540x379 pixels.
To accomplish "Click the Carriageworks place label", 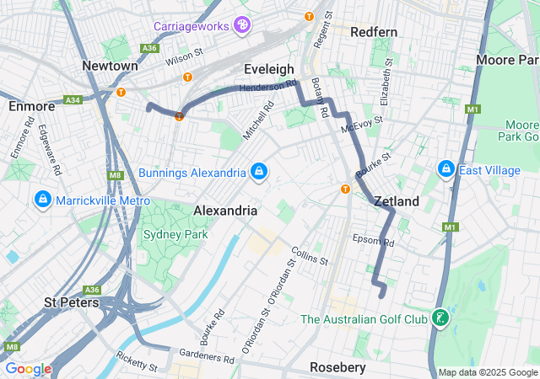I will pos(191,26).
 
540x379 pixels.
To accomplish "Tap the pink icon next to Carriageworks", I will pos(242,26).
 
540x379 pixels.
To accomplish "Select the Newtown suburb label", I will pos(110,66).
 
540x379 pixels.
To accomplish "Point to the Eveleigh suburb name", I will pos(268,69).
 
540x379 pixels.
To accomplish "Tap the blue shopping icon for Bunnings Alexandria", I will pos(258,172).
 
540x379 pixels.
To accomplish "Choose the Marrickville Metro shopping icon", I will pos(41,200).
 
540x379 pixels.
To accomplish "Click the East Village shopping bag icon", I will pos(446,170).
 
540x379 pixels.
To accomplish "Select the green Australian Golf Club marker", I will pos(439,319).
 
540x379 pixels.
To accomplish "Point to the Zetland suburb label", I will pos(397,202).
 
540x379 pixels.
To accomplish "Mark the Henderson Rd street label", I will pos(267,87).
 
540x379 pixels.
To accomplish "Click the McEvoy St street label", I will pos(362,125).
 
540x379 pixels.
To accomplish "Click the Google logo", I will pos(28,369).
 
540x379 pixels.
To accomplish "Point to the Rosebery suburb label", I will pos(337,368).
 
